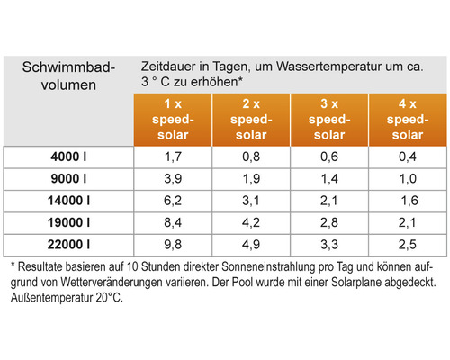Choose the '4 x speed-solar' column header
click(400, 119)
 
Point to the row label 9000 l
click(69, 179)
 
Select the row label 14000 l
click(69, 200)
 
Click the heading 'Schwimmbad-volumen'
click(67, 77)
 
